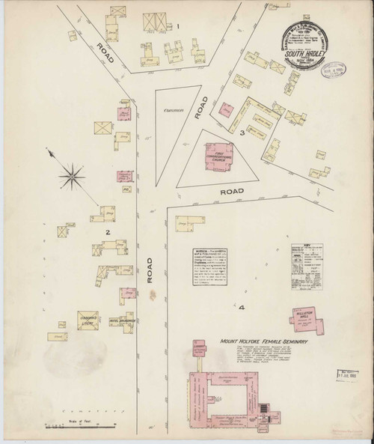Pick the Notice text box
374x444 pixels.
(203, 268)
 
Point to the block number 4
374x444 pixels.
(242, 307)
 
